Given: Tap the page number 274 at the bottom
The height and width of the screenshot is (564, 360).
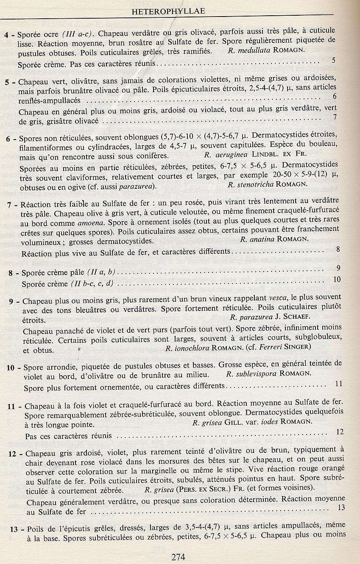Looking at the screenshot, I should click(180, 557).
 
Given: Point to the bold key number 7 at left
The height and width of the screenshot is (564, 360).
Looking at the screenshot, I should click(10, 204).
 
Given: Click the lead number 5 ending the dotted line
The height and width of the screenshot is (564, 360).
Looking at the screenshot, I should click(334, 60).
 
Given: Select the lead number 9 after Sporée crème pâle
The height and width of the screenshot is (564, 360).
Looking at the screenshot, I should click(338, 267).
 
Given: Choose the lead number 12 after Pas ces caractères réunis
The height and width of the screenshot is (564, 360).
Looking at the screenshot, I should click(340, 432).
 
